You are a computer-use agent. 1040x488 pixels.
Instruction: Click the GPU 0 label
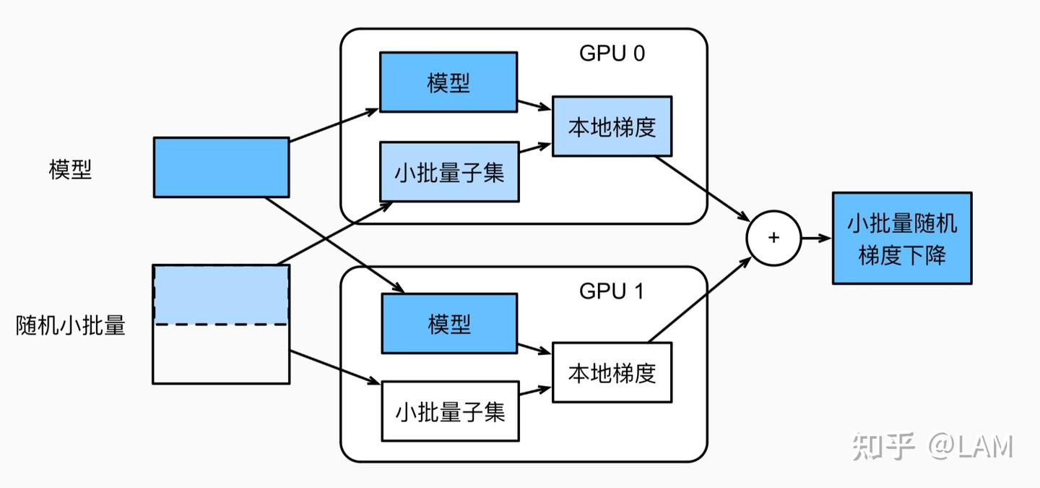[612, 54]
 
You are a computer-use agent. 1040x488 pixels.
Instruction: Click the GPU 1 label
[612, 291]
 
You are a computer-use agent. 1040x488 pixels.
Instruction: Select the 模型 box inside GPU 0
[448, 82]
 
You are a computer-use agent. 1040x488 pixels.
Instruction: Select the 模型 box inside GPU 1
[448, 323]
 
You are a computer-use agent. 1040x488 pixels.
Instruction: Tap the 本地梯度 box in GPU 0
[612, 126]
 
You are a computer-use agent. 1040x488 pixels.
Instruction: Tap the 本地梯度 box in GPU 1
[612, 372]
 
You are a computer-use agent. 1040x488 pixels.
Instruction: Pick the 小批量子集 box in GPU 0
[448, 172]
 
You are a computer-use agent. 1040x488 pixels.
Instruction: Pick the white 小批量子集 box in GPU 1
[448, 411]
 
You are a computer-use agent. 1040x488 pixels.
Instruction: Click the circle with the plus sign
[773, 238]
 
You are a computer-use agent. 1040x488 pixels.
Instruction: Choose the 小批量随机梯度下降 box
[901, 238]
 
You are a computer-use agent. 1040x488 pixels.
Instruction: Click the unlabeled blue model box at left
[221, 167]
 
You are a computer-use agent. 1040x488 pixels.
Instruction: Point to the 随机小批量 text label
[70, 326]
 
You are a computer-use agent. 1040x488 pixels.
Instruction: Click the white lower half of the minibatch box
[221, 354]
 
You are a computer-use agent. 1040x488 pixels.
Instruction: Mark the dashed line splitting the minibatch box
[221, 325]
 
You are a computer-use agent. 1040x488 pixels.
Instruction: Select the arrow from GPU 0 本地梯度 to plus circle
[701, 186]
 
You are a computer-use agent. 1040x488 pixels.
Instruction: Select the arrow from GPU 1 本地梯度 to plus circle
[697, 300]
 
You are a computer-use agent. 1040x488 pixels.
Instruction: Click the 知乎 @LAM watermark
[932, 446]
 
